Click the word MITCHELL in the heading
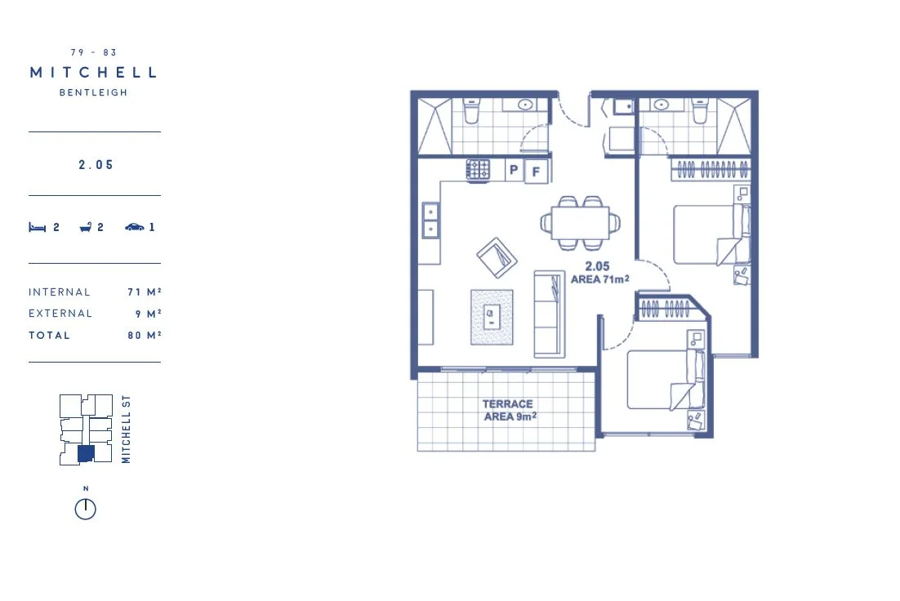[93, 73]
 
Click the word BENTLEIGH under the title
[93, 93]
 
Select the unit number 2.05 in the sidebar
[96, 165]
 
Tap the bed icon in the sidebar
[35, 228]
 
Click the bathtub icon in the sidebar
[85, 228]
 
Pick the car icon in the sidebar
[134, 228]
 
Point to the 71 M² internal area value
[144, 292]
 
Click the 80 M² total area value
[144, 336]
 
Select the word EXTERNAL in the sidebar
[60, 314]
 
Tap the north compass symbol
[85, 509]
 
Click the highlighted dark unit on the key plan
[86, 454]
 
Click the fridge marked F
[537, 171]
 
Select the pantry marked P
[514, 170]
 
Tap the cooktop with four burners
[479, 170]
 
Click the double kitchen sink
[430, 219]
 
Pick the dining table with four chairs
[581, 222]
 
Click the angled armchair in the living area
[497, 258]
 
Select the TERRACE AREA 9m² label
[509, 410]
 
